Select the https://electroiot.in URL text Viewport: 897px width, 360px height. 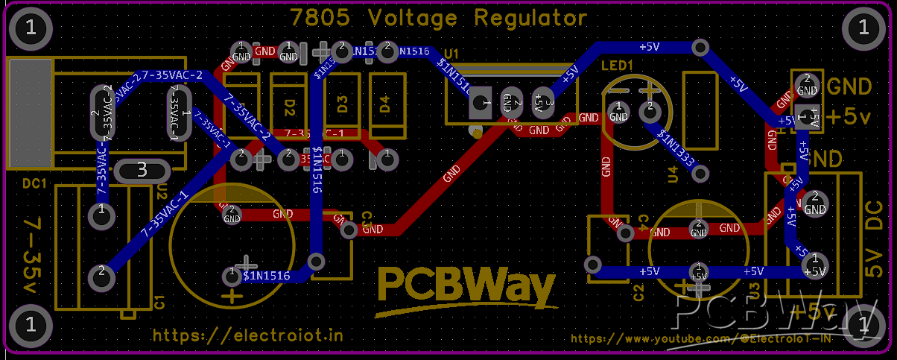click(x=248, y=335)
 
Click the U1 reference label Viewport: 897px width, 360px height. click(x=451, y=54)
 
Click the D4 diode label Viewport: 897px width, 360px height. click(x=385, y=104)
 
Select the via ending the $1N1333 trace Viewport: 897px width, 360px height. click(x=700, y=174)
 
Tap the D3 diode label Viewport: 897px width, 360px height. click(x=342, y=104)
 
